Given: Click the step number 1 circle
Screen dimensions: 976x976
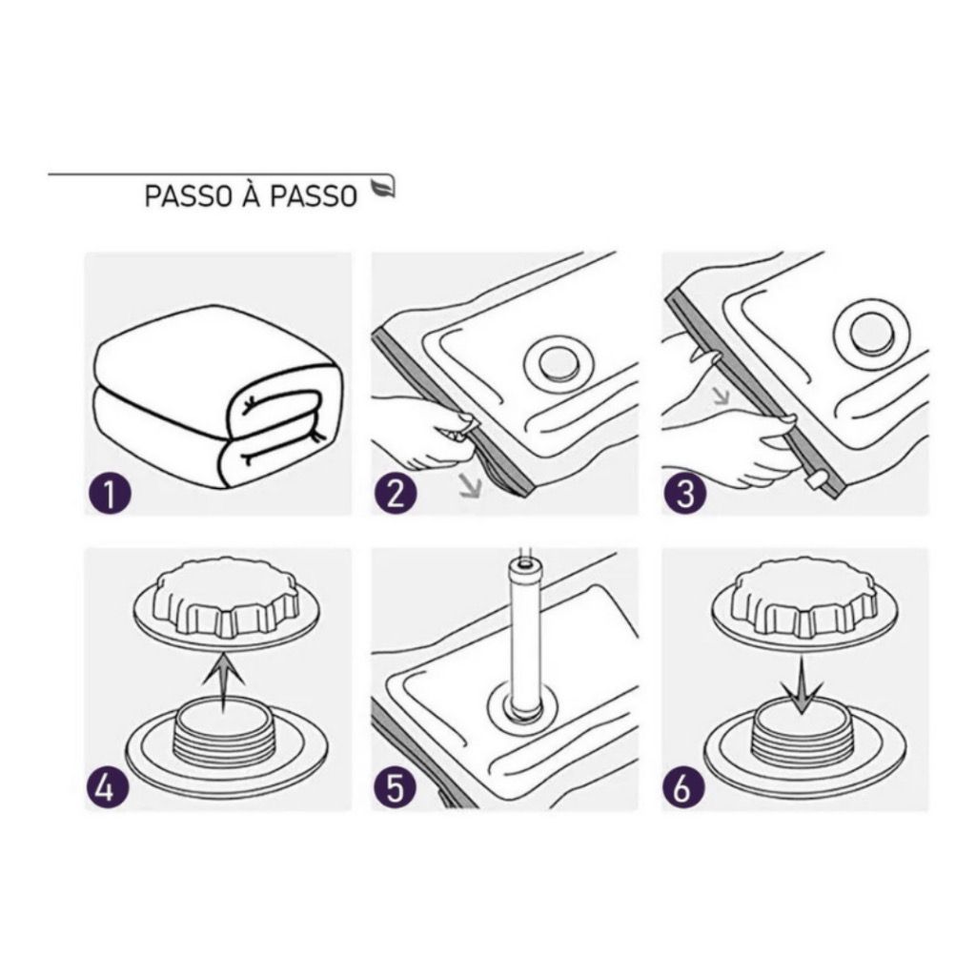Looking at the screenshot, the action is point(109,494).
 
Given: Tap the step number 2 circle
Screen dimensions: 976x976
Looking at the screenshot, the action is point(396,494).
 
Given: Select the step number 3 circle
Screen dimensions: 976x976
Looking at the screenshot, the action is point(684,494).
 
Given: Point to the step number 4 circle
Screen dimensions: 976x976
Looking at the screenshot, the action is point(107,788).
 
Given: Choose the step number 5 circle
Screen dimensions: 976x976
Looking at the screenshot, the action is point(396,788).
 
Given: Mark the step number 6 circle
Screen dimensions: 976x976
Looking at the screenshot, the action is point(682,788).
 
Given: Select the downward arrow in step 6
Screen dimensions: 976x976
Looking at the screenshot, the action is point(803,684).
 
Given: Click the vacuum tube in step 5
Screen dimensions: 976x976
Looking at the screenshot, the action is point(524,634).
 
